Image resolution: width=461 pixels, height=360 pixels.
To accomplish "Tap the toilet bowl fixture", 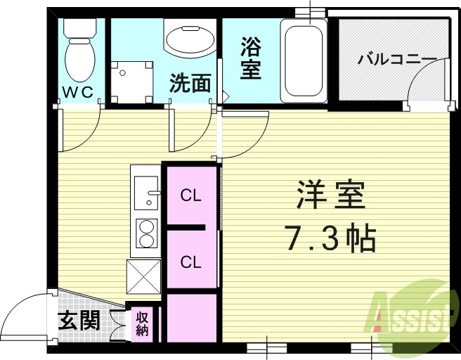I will click(79, 56).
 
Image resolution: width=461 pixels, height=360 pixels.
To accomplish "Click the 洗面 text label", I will click(190, 83).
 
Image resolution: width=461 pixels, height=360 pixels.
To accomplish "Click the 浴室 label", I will click(250, 59).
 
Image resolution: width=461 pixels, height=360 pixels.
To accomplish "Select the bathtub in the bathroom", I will click(303, 60).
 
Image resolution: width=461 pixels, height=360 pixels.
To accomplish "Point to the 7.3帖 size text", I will click(330, 239).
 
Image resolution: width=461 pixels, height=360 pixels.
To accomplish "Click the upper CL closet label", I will click(190, 195).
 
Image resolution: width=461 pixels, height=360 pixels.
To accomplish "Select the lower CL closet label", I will click(190, 262).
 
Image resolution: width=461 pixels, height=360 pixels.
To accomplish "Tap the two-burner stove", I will click(146, 234).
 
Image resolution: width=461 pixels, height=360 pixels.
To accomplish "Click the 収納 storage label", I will click(143, 323).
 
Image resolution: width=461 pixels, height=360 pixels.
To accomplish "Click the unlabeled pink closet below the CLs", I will click(191, 317).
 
